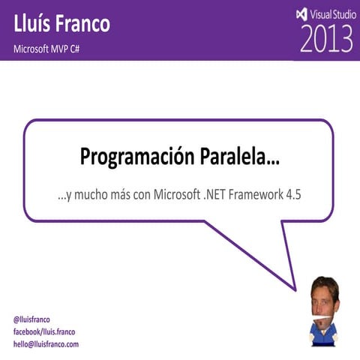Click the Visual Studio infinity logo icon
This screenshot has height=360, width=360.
pyautogui.click(x=301, y=13)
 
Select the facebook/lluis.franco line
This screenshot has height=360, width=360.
pyautogui.click(x=44, y=331)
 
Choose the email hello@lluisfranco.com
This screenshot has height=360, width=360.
pyautogui.click(x=46, y=344)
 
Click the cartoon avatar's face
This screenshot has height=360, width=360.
pyautogui.click(x=325, y=295)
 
